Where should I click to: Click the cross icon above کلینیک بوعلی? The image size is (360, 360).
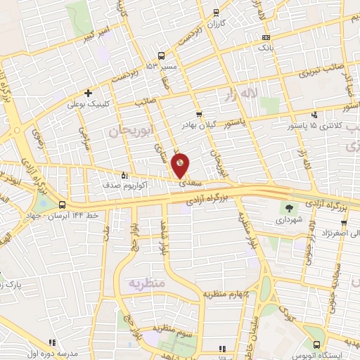coord(88,92)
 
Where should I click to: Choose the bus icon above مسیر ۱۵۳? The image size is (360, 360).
coord(162,56)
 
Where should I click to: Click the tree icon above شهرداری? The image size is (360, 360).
coord(288,207)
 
